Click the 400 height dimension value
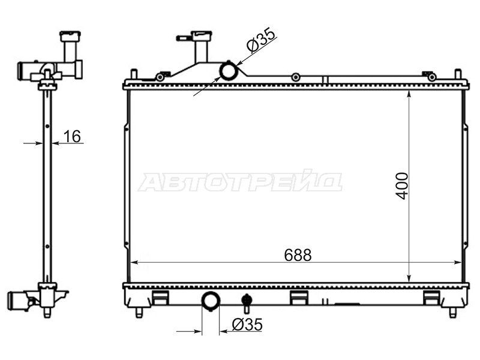point(402,186)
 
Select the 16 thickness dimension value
point(72,136)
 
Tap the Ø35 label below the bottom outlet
point(247,325)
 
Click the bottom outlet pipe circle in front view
point(211,301)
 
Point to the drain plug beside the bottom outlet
point(246,302)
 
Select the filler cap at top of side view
point(71,37)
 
